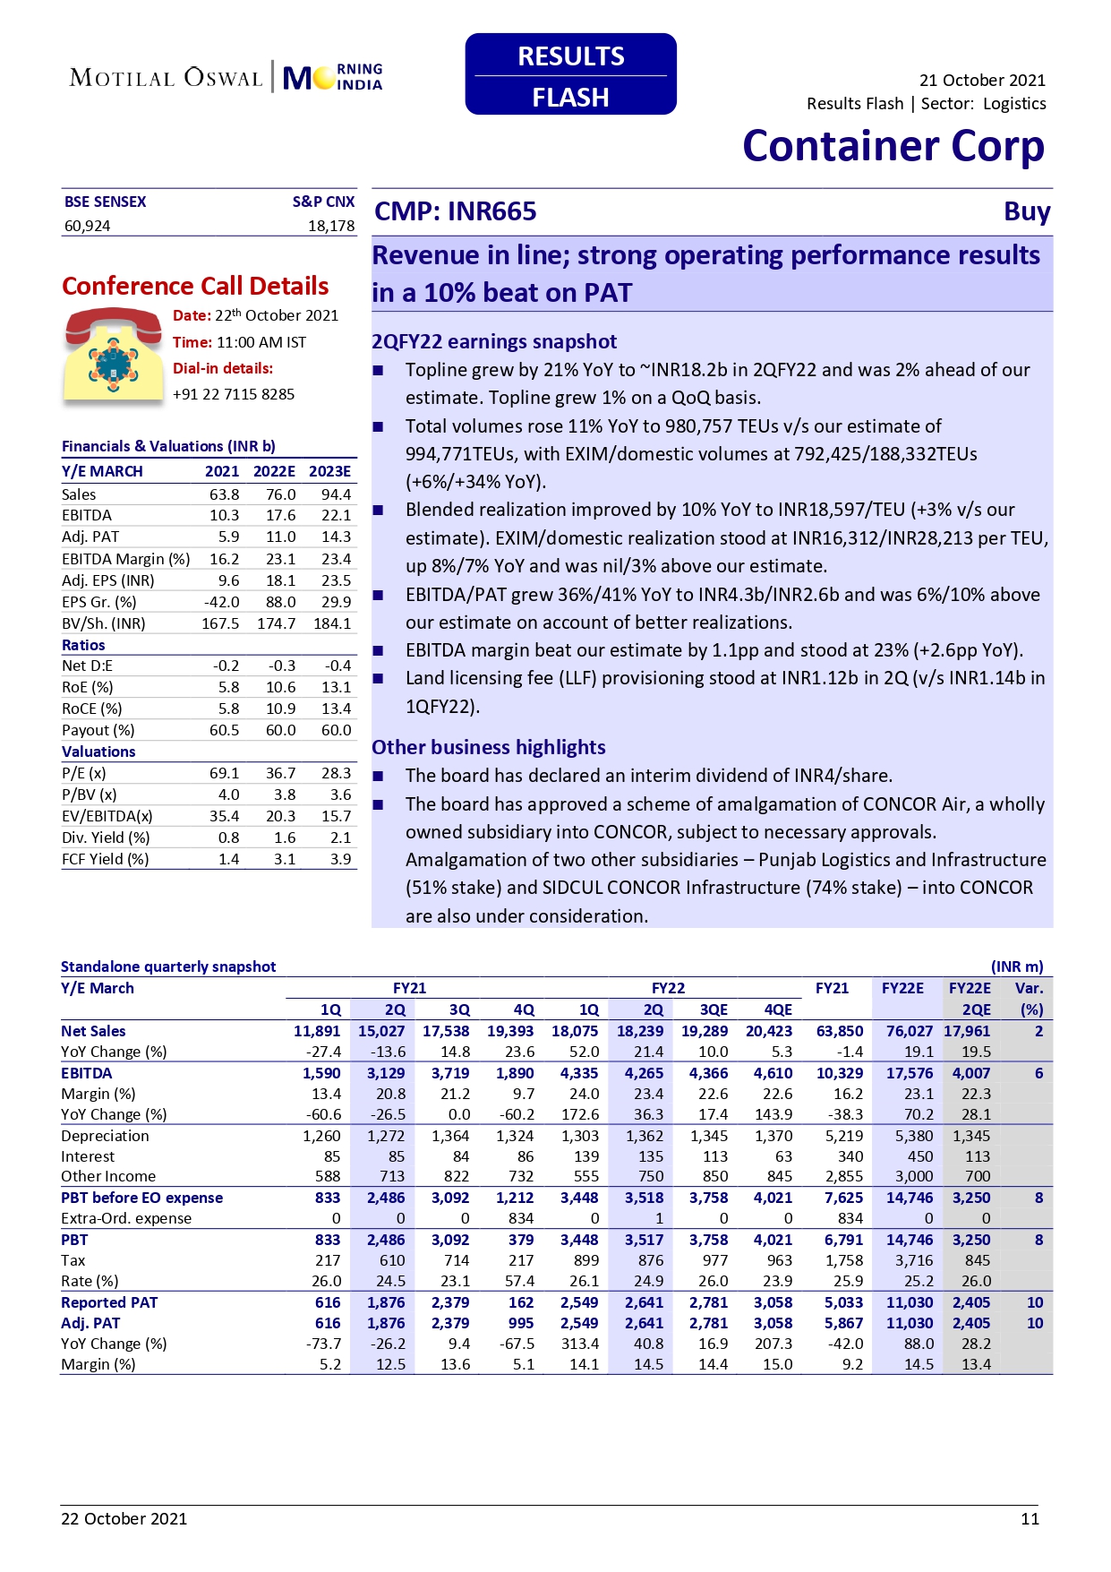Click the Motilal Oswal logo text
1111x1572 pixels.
click(167, 78)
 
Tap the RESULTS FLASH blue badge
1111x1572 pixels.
click(570, 74)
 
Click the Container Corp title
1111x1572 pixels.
click(893, 146)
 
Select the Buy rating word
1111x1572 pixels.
click(1026, 211)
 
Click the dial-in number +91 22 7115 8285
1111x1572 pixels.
click(234, 394)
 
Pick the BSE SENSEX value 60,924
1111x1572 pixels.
click(88, 226)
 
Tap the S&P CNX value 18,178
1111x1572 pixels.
click(331, 226)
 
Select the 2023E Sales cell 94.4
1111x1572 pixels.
click(336, 494)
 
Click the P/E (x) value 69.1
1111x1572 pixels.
click(224, 773)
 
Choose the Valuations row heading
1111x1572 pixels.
click(98, 752)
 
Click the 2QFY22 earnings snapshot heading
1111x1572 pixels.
click(494, 341)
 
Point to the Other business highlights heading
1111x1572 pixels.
click(489, 747)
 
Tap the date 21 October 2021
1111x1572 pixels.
click(982, 81)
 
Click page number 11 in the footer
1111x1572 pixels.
click(1030, 1518)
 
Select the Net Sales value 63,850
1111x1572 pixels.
click(839, 1031)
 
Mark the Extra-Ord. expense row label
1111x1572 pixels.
click(126, 1218)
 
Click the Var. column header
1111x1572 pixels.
click(1029, 988)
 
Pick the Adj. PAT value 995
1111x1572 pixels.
click(520, 1323)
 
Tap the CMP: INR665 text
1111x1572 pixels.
click(455, 211)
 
